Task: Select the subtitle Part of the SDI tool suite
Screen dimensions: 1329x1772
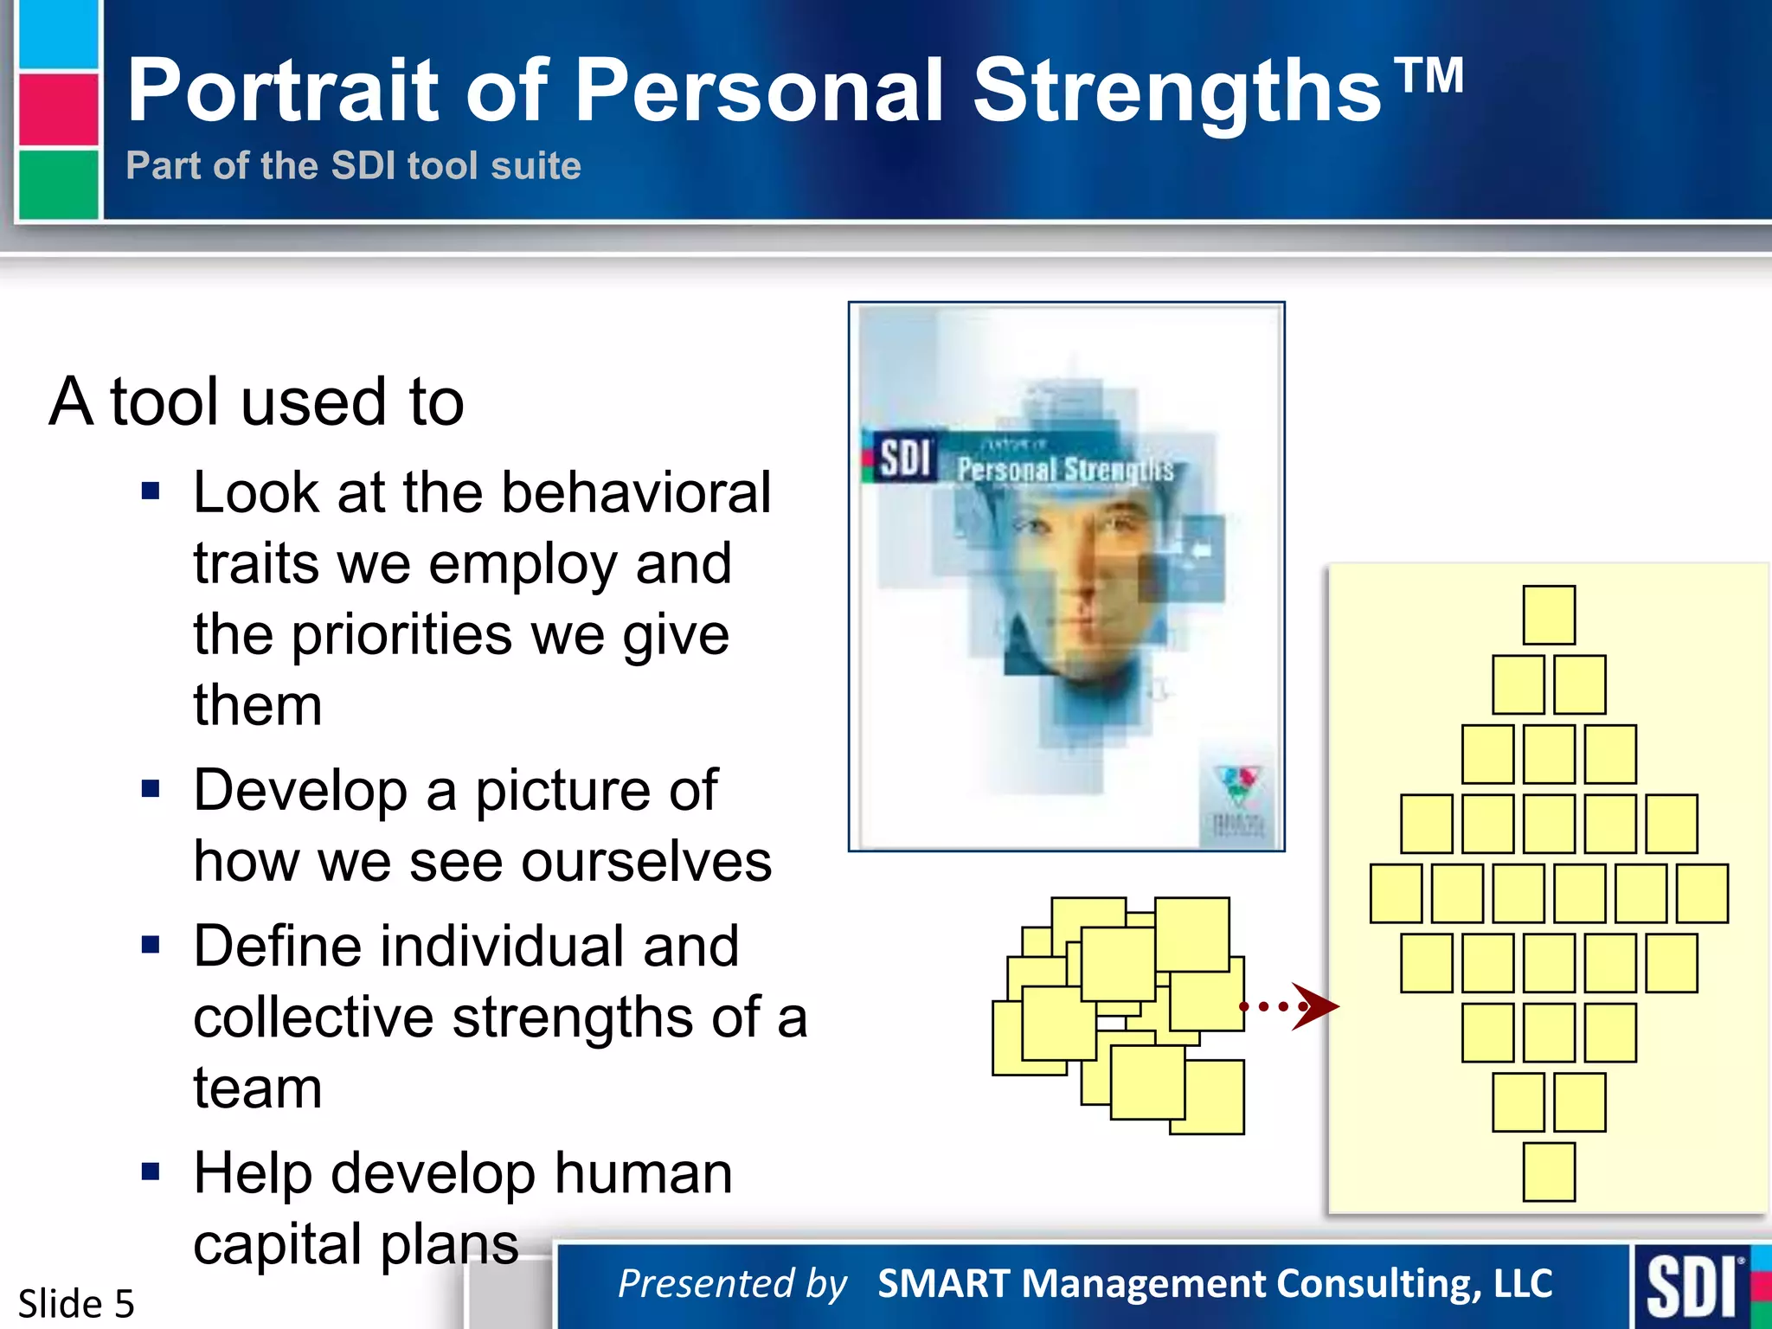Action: [353, 165]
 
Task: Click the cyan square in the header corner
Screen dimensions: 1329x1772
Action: [58, 35]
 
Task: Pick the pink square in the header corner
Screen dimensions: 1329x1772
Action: [58, 109]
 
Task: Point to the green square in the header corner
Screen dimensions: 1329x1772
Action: [58, 183]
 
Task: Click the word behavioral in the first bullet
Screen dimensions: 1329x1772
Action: [636, 493]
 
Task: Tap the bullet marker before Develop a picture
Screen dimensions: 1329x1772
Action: [151, 789]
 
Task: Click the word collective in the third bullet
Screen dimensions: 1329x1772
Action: [313, 1018]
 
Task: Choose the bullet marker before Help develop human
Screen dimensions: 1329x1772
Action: [151, 1172]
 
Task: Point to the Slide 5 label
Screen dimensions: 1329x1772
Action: [76, 1303]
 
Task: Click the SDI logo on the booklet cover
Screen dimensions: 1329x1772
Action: [903, 457]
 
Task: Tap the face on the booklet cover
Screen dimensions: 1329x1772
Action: [1082, 588]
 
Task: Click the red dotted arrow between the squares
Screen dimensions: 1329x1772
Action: [1289, 1006]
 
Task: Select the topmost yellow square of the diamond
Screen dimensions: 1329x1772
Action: [1549, 614]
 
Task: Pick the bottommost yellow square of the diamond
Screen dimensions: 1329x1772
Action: [1549, 1172]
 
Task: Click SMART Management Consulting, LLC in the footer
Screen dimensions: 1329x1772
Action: [1215, 1284]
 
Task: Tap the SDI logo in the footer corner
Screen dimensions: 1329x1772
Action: [1692, 1287]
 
